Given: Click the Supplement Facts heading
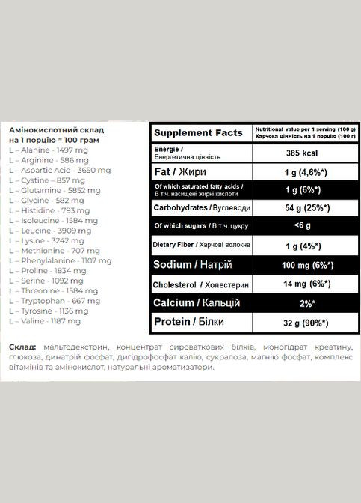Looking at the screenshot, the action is (198, 132).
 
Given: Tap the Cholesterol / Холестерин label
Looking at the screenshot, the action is (199, 284).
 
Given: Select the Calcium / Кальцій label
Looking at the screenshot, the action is (197, 303).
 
